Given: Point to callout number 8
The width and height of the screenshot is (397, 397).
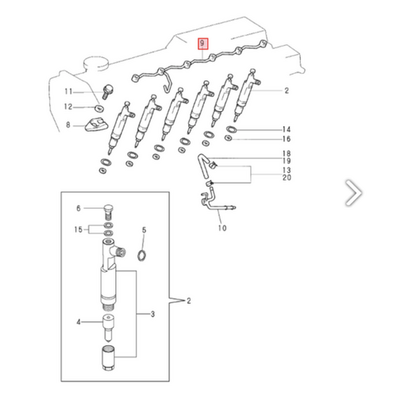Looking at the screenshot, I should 69,125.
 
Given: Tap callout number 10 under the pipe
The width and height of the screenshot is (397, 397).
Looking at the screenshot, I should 222,229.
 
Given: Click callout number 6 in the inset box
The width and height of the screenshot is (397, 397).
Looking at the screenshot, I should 79,208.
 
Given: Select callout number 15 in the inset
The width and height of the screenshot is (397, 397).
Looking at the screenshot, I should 78,229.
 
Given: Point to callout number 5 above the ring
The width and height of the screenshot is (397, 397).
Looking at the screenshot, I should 144,230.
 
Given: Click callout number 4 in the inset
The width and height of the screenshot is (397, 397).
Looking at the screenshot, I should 79,322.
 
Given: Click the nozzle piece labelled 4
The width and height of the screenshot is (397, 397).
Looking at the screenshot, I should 108,325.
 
